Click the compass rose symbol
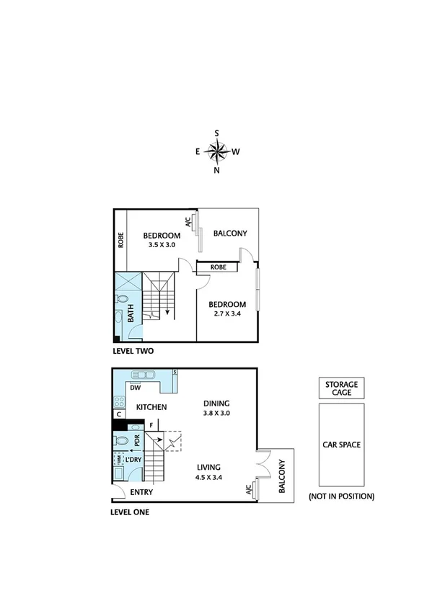coord(217,151)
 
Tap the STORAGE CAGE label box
coord(340,388)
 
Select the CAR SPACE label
coord(340,445)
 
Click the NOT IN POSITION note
coord(341,496)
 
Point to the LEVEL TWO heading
coord(133,352)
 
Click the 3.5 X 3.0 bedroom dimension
coord(161,245)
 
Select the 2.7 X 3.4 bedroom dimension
coord(228,314)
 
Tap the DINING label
coord(217,404)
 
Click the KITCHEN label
coord(151,407)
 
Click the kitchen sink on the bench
coord(145,375)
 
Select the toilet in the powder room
coord(122,440)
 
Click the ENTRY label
coord(141,493)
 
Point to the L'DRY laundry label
coord(133,460)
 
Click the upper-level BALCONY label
coord(230,233)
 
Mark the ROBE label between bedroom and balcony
coord(219,267)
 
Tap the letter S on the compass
coord(217,133)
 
